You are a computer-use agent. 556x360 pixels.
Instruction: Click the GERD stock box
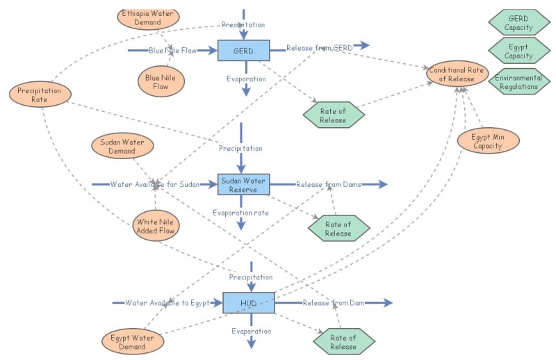[243, 51]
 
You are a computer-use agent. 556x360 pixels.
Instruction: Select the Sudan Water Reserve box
[244, 185]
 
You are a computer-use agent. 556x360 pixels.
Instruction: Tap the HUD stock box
[248, 303]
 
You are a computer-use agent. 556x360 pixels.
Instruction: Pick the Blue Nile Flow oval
[161, 81]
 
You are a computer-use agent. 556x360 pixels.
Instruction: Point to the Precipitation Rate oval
[40, 95]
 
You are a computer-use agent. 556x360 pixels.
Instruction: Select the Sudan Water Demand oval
[122, 146]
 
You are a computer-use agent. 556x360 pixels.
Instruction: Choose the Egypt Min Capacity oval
[488, 141]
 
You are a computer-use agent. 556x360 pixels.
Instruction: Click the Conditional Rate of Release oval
[457, 74]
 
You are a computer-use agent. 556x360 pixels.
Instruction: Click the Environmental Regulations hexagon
[518, 82]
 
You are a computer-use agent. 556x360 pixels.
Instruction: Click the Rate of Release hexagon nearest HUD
[343, 342]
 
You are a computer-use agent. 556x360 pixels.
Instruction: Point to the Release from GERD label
[320, 47]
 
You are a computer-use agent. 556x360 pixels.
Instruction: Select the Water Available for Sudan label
[154, 185]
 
